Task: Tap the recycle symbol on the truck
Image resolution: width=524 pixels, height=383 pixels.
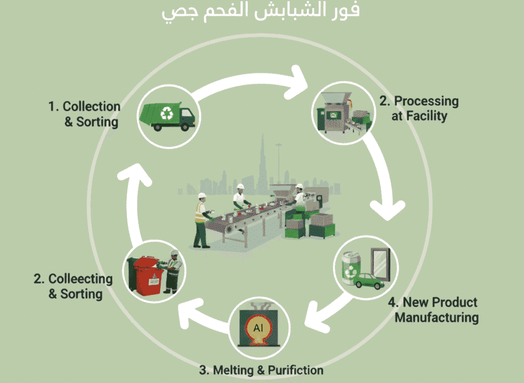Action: (167, 113)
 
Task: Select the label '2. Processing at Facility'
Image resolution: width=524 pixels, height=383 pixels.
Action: (419, 108)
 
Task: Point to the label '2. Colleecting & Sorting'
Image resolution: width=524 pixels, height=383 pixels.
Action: (73, 286)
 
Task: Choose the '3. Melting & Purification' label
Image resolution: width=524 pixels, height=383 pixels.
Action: (261, 370)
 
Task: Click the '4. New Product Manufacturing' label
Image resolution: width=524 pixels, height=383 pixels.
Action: (436, 310)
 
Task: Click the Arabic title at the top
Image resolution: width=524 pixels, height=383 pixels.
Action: (261, 11)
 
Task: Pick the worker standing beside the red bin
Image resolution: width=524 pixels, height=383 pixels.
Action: (173, 270)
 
